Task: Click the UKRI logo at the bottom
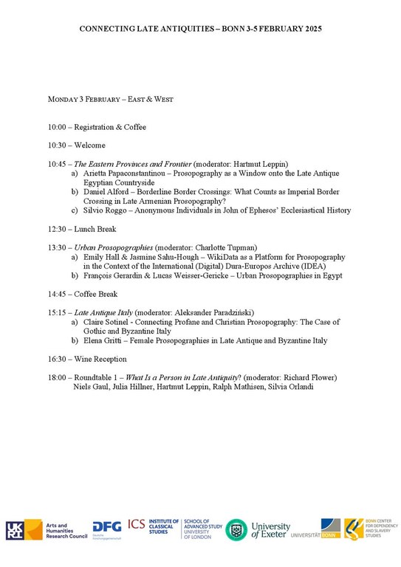tap(16, 530)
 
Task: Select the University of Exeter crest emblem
tap(236, 530)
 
